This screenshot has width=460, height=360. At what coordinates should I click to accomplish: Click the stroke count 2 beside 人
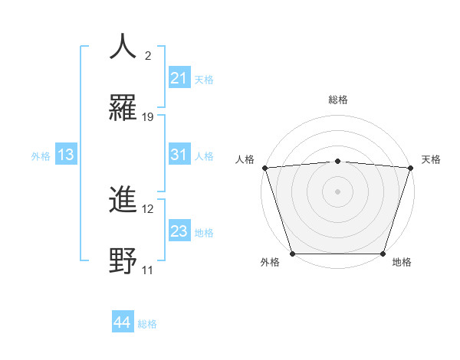coord(147,56)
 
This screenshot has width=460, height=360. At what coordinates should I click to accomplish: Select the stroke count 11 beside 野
coord(147,270)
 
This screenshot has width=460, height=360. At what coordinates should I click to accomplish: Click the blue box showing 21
coord(179,78)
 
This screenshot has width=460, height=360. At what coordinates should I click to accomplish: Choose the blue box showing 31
coord(179,155)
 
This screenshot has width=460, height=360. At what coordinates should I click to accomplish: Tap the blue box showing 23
coord(179,231)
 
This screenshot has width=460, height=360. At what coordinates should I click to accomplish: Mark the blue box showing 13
coord(66,155)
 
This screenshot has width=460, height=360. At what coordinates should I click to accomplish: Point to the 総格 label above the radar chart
coord(338,100)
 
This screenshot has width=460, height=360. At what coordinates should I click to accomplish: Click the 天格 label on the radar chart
coord(431,159)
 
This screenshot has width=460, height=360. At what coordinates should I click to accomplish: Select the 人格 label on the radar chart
coord(245,159)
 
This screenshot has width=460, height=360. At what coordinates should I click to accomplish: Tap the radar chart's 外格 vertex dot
coord(292,253)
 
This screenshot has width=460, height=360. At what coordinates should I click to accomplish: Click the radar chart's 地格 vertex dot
coord(383,253)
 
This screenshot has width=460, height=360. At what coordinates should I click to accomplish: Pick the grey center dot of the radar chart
coord(337,191)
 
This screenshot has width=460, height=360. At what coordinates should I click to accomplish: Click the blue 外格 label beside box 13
coord(41,155)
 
